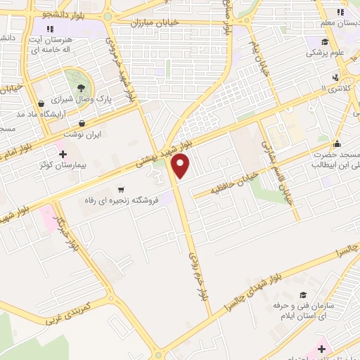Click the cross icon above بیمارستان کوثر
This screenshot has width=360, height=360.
pos(62,154)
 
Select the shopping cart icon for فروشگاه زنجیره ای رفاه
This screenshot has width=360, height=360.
pos(122,189)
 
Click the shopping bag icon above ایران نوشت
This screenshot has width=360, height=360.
pos(82,123)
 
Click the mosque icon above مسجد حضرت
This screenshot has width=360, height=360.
pos(338,144)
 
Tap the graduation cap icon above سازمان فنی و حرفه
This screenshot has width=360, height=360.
pos(303,295)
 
